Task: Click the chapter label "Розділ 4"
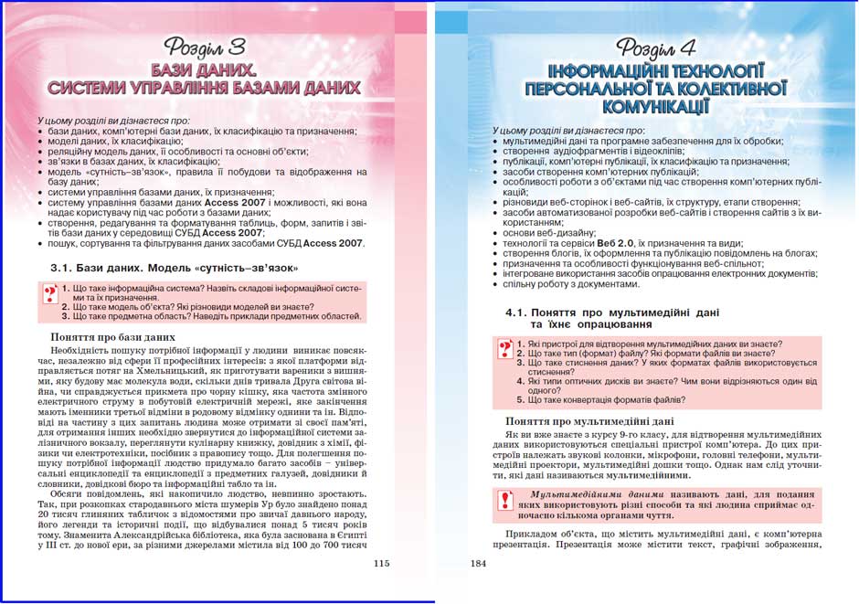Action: [x=657, y=48]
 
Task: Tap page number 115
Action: [x=382, y=563]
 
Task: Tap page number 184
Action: [x=478, y=563]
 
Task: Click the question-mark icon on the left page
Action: [x=49, y=294]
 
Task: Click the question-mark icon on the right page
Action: [x=504, y=349]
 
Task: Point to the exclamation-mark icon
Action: [x=504, y=499]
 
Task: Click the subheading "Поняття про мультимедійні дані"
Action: [x=589, y=421]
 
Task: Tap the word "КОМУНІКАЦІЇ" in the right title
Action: [x=657, y=107]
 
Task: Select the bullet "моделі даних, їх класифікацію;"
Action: [x=115, y=142]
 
